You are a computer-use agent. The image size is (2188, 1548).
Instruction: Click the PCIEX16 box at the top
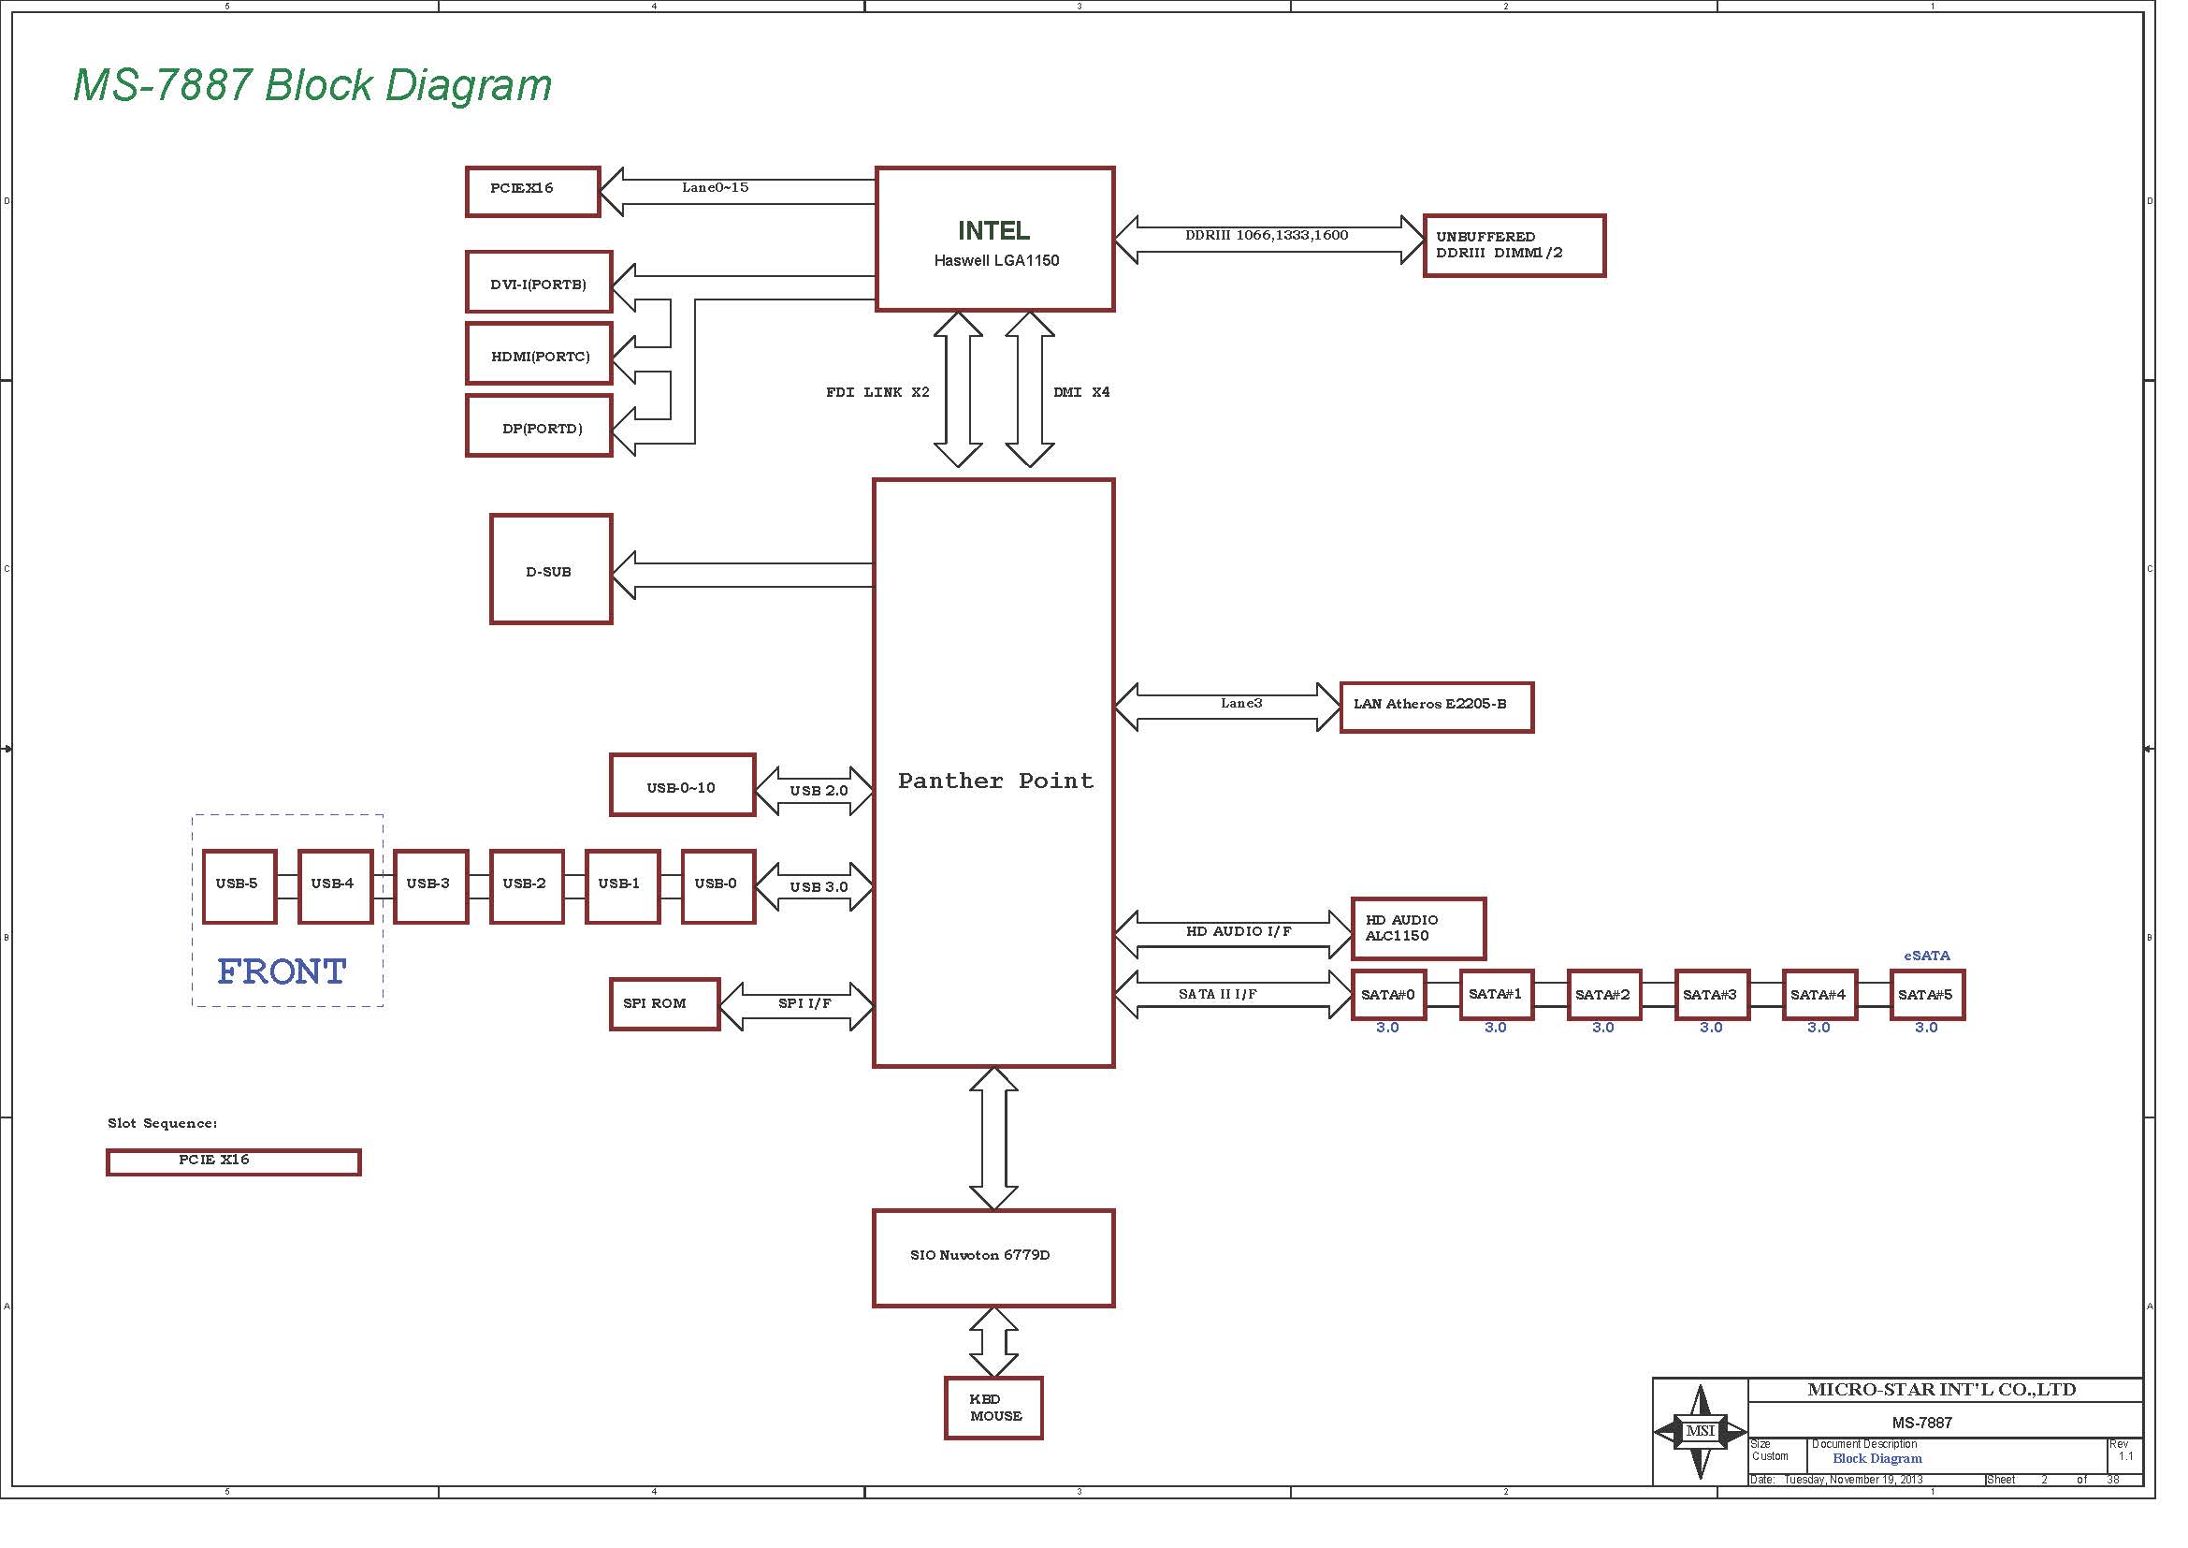click(x=532, y=192)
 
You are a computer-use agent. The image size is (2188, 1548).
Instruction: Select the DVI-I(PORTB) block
click(x=539, y=282)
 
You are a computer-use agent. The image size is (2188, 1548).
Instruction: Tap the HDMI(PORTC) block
click(x=539, y=354)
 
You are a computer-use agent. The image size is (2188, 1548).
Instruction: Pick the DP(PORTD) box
click(x=539, y=426)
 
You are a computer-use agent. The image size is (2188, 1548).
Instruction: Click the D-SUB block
click(x=551, y=569)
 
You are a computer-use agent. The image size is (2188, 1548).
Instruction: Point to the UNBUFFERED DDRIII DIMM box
click(x=1514, y=246)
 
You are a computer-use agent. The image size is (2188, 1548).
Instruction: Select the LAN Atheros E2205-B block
click(x=1437, y=708)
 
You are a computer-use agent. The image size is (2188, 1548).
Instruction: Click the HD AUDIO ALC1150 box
click(x=1418, y=928)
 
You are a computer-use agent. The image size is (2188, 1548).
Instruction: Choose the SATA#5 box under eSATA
click(x=1927, y=995)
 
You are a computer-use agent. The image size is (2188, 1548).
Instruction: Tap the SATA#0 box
click(x=1388, y=995)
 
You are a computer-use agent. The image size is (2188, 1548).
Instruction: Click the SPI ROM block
click(x=664, y=1003)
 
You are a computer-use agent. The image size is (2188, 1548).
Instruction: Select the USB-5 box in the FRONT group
click(x=239, y=886)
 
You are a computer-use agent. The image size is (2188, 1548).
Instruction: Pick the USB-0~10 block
click(x=682, y=784)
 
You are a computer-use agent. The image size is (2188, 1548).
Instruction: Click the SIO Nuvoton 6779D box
click(x=993, y=1258)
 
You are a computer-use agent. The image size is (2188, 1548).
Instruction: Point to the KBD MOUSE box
click(x=993, y=1407)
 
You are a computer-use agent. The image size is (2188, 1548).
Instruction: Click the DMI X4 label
click(x=1080, y=392)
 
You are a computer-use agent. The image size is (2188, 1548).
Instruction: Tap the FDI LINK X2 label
click(x=877, y=392)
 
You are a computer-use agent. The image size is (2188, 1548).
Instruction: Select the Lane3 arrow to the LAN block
click(x=1227, y=708)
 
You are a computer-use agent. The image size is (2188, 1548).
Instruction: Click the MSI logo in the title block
click(x=1700, y=1431)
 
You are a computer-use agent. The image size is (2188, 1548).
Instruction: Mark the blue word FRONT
click(x=282, y=971)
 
